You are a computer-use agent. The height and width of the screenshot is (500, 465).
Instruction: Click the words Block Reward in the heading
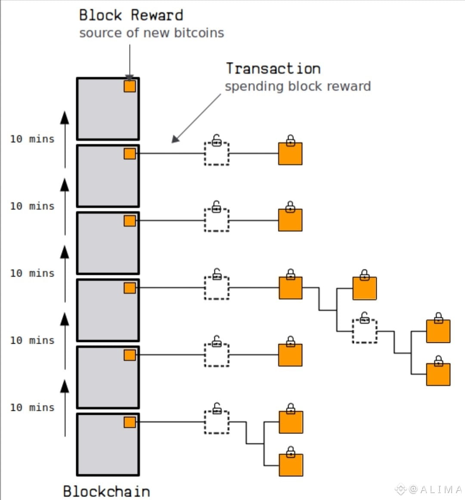click(x=131, y=16)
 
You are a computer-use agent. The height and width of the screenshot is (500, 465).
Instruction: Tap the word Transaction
click(x=273, y=69)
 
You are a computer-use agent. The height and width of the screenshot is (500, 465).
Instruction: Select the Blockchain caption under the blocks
click(x=106, y=491)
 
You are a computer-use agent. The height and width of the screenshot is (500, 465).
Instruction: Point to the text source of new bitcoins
click(x=152, y=33)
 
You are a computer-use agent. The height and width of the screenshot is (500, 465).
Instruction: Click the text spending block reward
click(x=298, y=87)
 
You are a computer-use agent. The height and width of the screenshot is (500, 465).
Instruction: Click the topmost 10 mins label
click(x=32, y=139)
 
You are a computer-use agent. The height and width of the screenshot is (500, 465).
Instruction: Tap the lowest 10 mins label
click(x=32, y=407)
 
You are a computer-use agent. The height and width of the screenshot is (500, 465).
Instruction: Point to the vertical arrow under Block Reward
click(x=130, y=61)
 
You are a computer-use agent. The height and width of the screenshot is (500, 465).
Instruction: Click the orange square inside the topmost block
click(x=130, y=86)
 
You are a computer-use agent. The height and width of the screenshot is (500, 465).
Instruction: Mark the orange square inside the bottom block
click(x=130, y=422)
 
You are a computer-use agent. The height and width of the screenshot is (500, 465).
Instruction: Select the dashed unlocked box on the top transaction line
click(x=217, y=153)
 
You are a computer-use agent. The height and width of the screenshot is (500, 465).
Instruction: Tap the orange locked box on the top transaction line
click(x=290, y=153)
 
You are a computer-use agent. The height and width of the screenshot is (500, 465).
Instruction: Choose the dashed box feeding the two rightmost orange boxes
click(x=365, y=331)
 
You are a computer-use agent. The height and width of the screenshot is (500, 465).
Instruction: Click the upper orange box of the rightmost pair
click(x=438, y=331)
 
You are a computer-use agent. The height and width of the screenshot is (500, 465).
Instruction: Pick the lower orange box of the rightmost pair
click(x=438, y=374)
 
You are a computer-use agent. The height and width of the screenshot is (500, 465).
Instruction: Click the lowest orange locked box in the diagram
click(x=291, y=464)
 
